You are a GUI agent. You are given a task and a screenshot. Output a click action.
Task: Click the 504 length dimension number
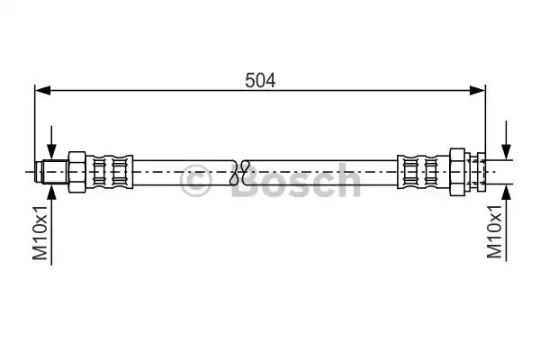pyautogui.click(x=260, y=81)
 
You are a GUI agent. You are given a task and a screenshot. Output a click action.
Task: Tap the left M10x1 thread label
pyautogui.click(x=40, y=232)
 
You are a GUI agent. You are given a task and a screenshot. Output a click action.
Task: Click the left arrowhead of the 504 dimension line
pyautogui.click(x=43, y=91)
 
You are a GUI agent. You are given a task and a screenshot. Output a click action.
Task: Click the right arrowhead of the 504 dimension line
pyautogui.click(x=478, y=91)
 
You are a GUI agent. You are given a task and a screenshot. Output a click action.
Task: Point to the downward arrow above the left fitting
pyautogui.click(x=51, y=142)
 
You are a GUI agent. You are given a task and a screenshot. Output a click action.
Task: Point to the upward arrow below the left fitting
pyautogui.click(x=51, y=225)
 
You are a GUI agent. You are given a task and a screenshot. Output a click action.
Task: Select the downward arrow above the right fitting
pyautogui.click(x=506, y=140)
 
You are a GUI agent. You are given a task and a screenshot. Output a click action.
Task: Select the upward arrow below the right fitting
pyautogui.click(x=506, y=222)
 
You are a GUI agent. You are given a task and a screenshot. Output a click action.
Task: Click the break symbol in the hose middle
pyautogui.click(x=239, y=172)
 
